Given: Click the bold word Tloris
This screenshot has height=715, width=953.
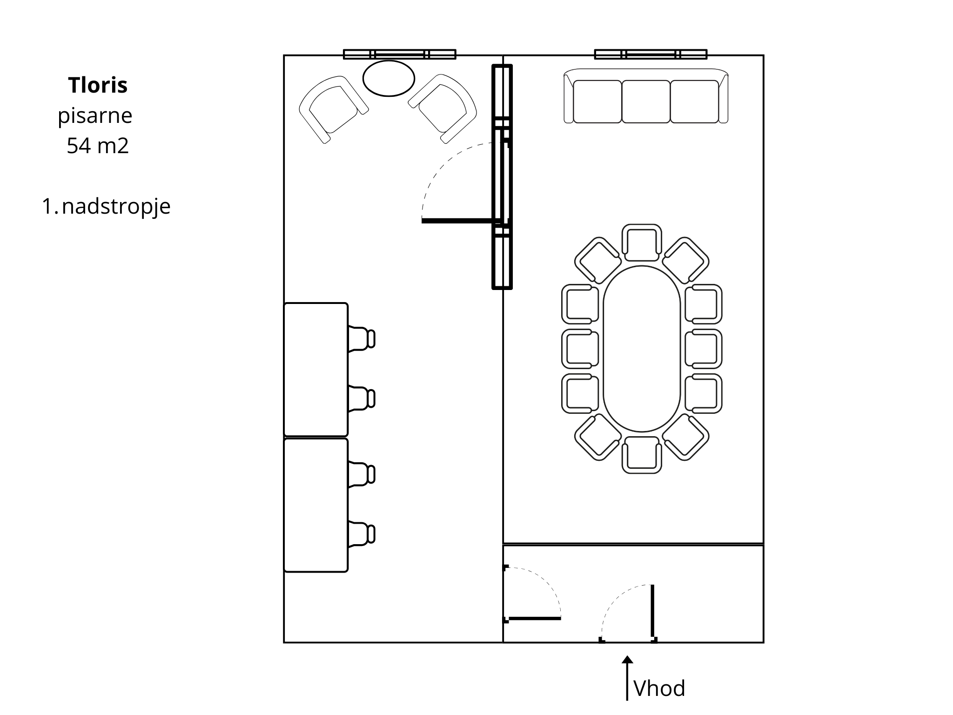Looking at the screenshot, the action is pos(98,85).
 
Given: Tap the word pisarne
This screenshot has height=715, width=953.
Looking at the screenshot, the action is pos(95,116).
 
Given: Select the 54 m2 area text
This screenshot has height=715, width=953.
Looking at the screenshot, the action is pos(98,146).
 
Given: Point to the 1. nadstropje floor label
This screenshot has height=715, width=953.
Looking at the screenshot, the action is pos(106,207).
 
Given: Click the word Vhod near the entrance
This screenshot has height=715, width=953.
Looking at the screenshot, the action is pos(659,688).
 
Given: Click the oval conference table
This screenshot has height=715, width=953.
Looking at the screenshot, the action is pos(642,349).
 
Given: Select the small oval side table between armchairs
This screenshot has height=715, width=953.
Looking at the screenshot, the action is pos(389,78).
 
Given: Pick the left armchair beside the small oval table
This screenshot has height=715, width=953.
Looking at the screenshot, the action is pos(333,109).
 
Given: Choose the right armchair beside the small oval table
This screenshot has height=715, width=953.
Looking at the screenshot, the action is pos(443,108).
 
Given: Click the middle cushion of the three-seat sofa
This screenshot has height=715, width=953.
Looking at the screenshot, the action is pos(646,101).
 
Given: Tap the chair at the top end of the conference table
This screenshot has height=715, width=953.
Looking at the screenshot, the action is pos(642,243).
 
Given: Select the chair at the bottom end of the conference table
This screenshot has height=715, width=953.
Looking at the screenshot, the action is pos(642,455).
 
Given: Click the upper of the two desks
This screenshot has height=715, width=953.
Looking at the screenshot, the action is pos(316,370).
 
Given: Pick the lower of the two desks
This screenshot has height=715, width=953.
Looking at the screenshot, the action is pos(316,505).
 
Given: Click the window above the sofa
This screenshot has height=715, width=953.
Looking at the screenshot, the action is pos(651,54).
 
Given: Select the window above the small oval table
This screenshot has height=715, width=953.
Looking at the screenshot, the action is pos(399,54).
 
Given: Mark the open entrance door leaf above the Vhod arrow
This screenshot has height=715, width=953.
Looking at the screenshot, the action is pos(652,611).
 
